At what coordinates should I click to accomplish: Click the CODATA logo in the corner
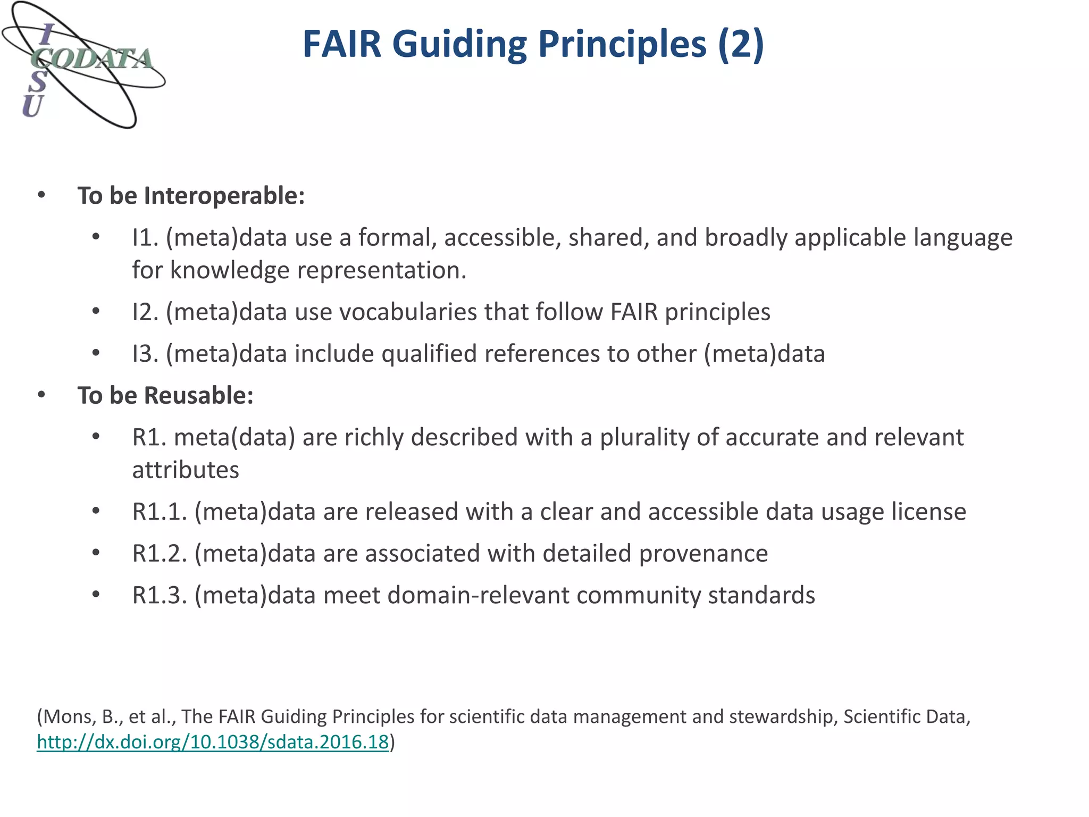point(83,65)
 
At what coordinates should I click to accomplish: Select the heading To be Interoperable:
point(191,195)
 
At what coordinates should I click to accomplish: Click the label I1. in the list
point(146,237)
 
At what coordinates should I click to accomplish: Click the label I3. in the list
point(146,354)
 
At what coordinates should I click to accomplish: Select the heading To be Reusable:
point(165,395)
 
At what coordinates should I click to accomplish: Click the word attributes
point(186,470)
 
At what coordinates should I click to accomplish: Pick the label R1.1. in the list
point(160,512)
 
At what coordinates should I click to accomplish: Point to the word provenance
point(703,553)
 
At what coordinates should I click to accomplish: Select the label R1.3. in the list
point(160,595)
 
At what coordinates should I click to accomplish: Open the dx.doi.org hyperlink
point(213,741)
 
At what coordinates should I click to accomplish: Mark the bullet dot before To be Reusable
point(41,395)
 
